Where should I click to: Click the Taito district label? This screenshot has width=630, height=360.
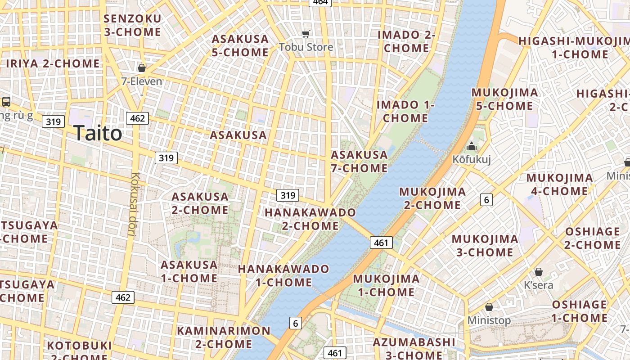coord(98,133)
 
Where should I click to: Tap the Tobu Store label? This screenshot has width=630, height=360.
coord(306,47)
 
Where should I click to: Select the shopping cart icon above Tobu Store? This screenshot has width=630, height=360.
coord(306,34)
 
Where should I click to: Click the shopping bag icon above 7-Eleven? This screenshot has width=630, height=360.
coord(142,68)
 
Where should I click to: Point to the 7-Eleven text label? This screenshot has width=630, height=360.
coord(142,81)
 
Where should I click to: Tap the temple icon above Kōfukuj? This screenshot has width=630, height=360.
coord(472,146)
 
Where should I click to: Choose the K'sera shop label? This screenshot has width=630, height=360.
coord(539,285)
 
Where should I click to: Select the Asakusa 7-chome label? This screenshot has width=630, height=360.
coord(359,161)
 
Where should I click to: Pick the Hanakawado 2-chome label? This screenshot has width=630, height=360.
coord(310,219)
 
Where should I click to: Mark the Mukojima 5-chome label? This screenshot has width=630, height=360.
coord(504,99)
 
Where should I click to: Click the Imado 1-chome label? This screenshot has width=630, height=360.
coord(405,111)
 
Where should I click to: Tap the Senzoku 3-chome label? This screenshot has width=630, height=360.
coord(132,25)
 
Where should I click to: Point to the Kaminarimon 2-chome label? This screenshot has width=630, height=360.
coord(224,337)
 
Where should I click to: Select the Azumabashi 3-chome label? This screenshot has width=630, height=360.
coord(414,348)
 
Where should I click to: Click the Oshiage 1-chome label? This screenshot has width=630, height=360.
coord(580,311)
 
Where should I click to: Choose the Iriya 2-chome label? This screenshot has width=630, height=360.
coord(53,63)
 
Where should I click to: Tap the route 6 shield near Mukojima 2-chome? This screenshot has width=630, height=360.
coord(486,199)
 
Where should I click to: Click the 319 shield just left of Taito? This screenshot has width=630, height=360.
coord(54,121)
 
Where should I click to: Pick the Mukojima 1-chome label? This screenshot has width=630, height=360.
coord(386,285)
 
